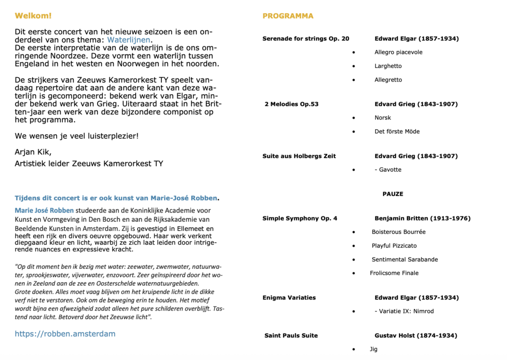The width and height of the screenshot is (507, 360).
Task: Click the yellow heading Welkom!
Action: coord(33,16)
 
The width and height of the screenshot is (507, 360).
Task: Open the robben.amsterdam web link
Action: coord(65,334)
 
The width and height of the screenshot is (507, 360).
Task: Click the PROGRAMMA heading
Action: coord(288,16)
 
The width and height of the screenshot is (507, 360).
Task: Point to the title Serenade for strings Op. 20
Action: coord(305,39)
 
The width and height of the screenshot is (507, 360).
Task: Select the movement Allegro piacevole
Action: coord(399,52)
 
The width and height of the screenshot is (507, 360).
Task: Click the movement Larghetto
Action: coord(388,66)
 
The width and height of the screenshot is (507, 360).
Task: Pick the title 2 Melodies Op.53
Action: coord(292,104)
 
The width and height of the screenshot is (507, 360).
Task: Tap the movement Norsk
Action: coord(383,118)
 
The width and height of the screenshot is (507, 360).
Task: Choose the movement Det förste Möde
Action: coord(397,132)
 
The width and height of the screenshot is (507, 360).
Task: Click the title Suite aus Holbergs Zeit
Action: coord(299,156)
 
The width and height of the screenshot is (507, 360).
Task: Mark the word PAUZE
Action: coord(393,194)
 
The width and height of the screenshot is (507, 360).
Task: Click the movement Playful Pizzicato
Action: coord(394,246)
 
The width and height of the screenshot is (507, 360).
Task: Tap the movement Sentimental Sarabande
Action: coord(405,259)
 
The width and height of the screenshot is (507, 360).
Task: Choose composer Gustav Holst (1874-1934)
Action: coord(415,336)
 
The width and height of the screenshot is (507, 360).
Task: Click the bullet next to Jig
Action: coord(353,349)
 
